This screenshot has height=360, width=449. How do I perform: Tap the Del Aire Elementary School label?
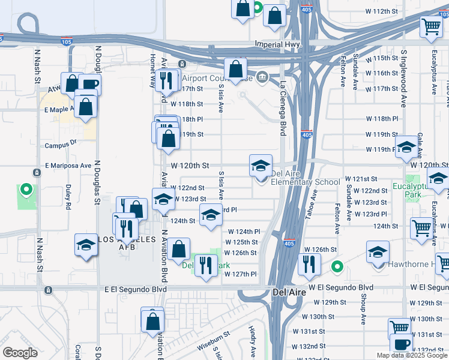click(306, 178)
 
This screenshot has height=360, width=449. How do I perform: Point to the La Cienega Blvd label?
click(282, 109)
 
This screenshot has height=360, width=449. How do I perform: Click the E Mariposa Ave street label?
click(68, 165)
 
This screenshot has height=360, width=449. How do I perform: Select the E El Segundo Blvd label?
click(133, 289)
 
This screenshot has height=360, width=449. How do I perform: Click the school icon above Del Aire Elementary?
click(261, 165)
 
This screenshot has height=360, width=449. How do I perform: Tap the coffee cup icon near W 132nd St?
click(401, 345)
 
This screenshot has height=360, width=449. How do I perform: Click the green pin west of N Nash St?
click(26, 191)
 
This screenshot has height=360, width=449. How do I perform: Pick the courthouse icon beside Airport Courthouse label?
click(262, 77)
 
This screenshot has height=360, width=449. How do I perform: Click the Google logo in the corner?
click(20, 353)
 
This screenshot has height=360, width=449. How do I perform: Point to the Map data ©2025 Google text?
click(411, 355)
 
